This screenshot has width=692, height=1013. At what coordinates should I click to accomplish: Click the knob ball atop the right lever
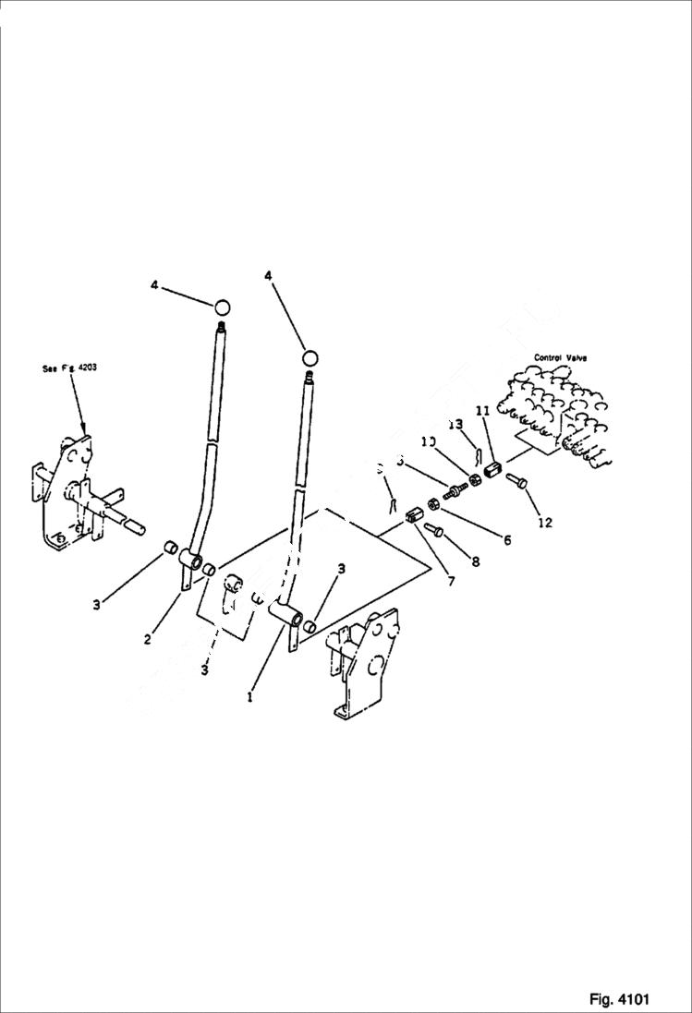[x=311, y=357]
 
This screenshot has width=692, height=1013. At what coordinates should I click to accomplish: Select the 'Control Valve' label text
[x=560, y=356]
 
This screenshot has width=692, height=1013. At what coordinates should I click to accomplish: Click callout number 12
[x=544, y=523]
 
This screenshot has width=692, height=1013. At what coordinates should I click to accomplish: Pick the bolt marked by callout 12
[x=516, y=480]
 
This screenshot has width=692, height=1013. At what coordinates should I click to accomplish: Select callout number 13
[x=455, y=424]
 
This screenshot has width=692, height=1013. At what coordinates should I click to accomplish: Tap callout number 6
[x=507, y=540]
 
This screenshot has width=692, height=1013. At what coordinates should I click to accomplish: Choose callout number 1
[x=249, y=698]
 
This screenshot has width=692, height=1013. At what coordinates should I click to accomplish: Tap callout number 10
[x=428, y=442]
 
